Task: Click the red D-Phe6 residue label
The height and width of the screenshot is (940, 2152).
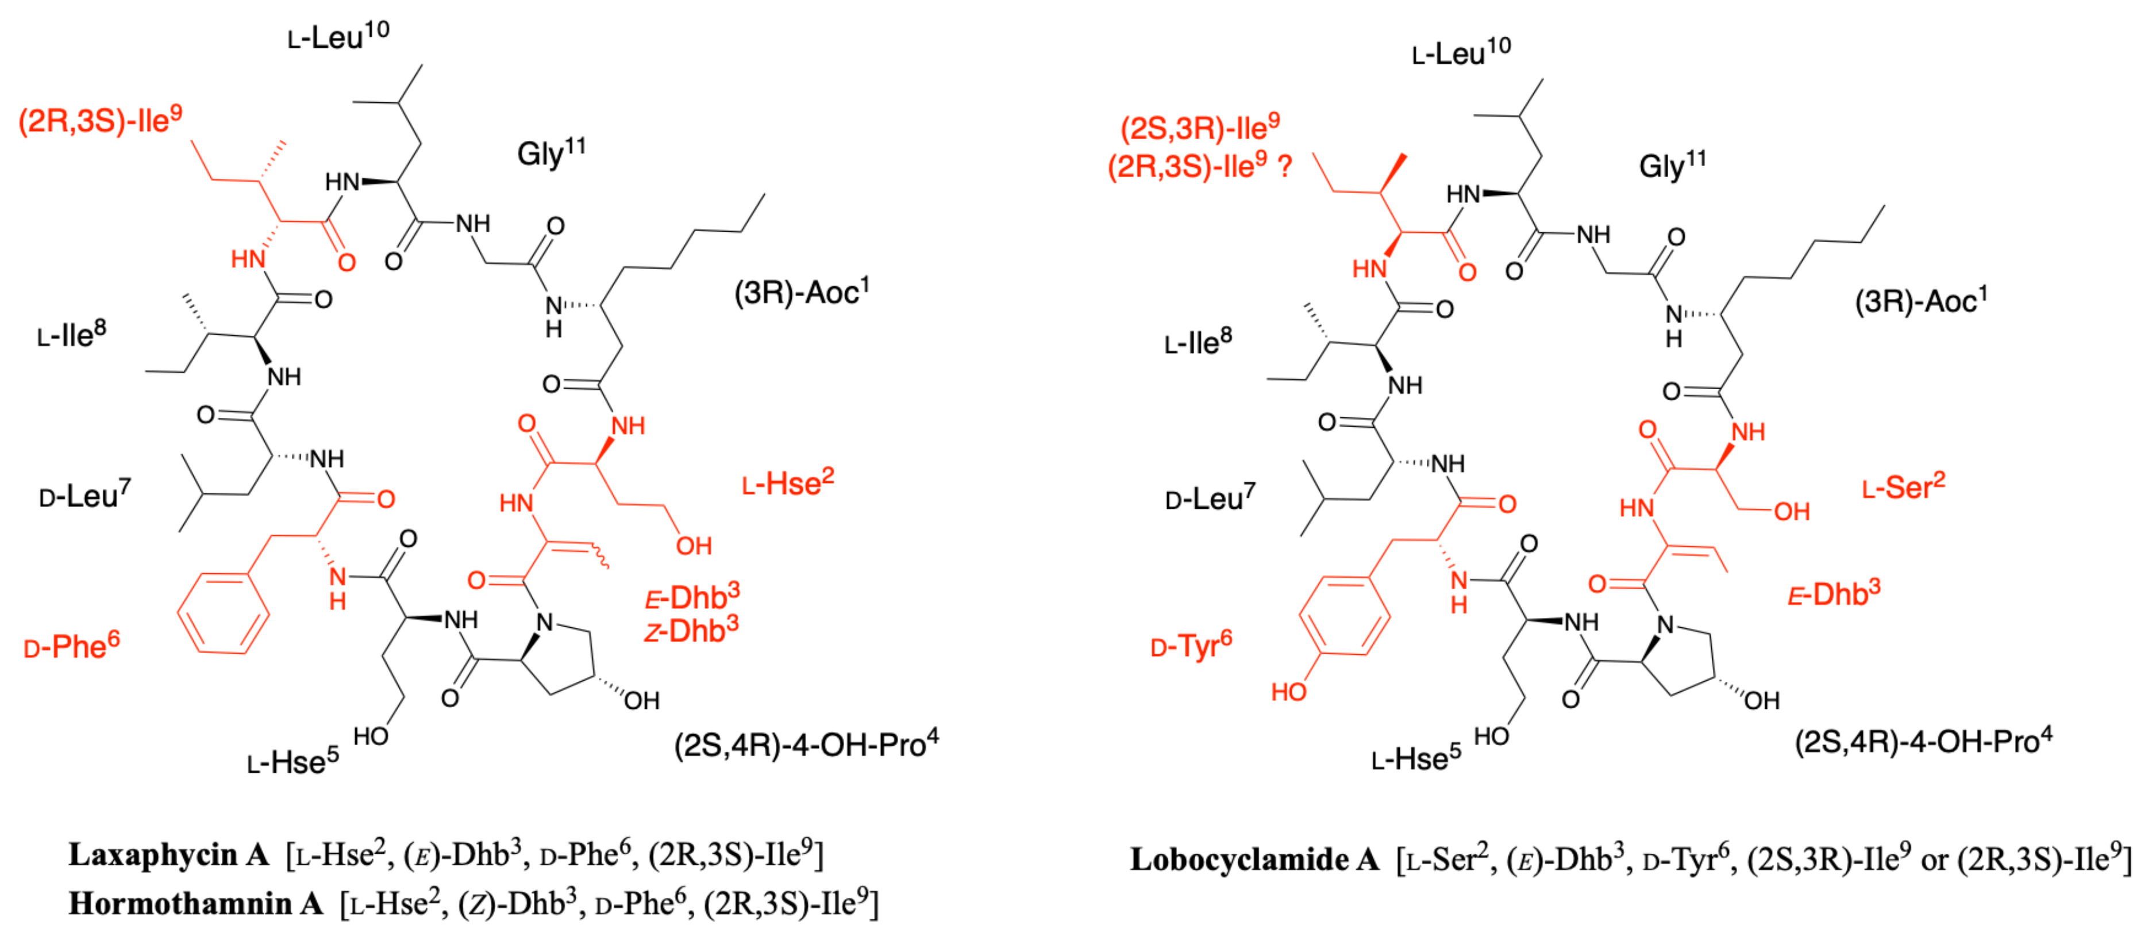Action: pos(72,646)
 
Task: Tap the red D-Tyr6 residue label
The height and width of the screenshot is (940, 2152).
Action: pos(1191,645)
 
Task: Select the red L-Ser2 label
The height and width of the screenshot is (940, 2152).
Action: pos(1903,487)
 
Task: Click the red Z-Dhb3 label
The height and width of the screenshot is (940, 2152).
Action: pos(691,631)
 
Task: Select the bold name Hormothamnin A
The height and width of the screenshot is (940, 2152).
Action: pos(195,903)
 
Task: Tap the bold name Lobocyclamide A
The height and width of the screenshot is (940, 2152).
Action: pos(1254,859)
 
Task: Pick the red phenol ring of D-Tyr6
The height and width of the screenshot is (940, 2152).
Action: pos(1344,616)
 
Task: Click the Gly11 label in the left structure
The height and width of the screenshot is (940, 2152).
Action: pos(550,154)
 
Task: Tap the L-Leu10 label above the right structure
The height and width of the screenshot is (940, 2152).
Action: pos(1461,53)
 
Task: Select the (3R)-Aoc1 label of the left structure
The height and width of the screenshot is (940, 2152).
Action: pos(801,293)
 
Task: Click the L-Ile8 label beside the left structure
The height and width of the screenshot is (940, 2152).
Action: pos(72,335)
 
